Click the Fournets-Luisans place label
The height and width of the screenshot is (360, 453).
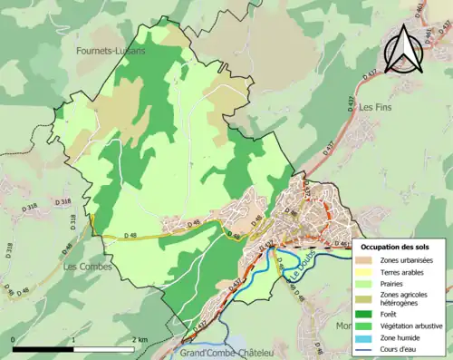(x=113, y=53)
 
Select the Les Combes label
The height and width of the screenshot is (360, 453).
(x=88, y=267)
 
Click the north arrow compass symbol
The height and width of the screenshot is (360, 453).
(x=403, y=50)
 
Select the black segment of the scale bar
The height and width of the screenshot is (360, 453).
(x=43, y=348)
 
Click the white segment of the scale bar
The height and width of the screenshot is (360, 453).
(x=103, y=348)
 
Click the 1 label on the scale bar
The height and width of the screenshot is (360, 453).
(x=73, y=339)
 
